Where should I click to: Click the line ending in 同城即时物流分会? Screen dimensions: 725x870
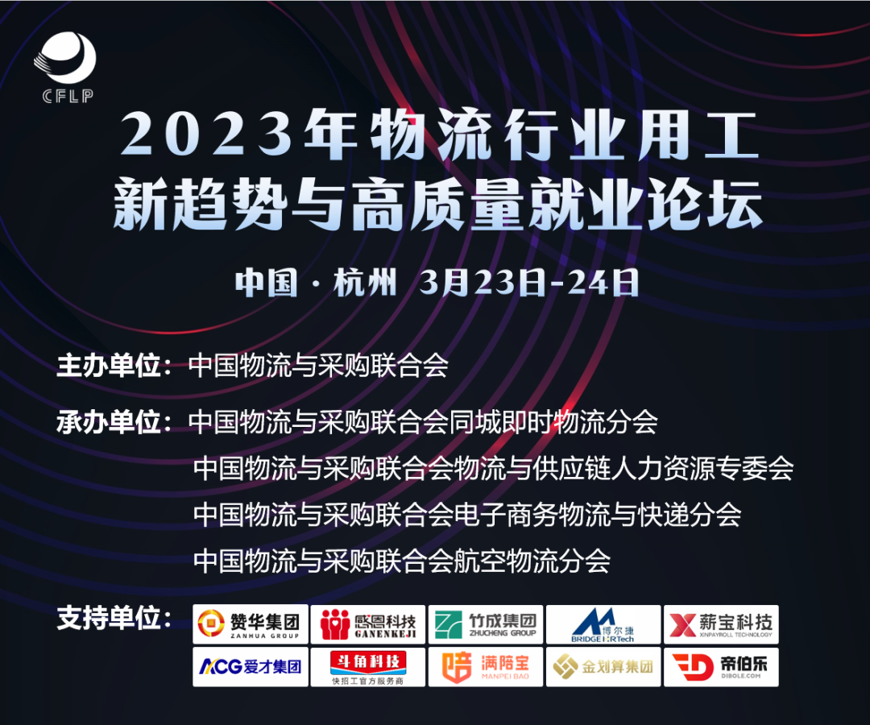423,421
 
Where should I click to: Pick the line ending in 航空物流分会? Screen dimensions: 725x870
402,560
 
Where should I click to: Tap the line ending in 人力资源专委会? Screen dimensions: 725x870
494,467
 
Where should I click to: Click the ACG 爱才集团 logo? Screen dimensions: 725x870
251,667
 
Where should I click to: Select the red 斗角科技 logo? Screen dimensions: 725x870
368,667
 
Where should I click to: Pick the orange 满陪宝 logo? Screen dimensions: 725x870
486,667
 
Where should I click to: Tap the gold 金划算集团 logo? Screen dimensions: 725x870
603,667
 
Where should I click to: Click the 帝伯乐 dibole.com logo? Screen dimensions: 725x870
721,667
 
